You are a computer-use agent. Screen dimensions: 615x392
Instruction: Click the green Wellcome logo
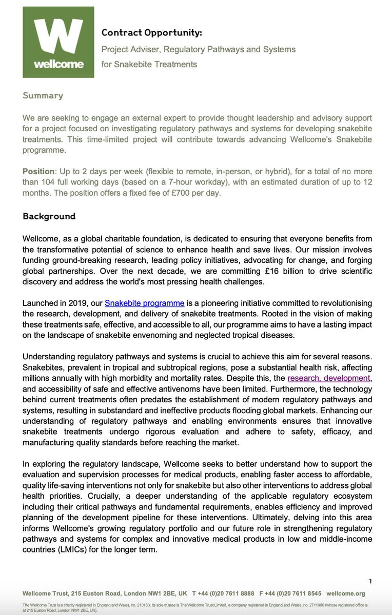click(x=58, y=43)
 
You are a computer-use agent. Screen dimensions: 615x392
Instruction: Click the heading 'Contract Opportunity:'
click(x=151, y=33)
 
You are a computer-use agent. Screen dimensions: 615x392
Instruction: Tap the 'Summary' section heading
click(x=43, y=95)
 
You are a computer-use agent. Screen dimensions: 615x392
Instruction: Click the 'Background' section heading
click(x=49, y=216)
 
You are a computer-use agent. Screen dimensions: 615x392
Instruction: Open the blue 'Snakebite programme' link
click(x=144, y=303)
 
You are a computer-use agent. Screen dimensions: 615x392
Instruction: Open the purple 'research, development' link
click(x=328, y=378)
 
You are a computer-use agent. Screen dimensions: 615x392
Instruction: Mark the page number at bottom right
click(x=369, y=581)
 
